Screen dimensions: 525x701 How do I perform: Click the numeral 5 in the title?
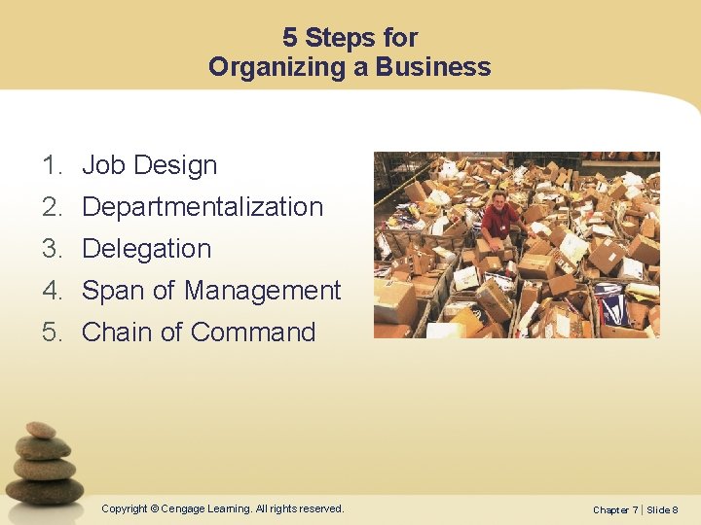pos(290,38)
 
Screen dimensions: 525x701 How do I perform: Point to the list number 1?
pos(52,165)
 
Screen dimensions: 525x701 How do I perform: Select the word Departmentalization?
pos(202,207)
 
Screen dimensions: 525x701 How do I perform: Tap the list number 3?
pos(52,249)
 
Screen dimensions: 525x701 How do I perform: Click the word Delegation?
pos(146,249)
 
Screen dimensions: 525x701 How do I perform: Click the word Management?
pos(262,291)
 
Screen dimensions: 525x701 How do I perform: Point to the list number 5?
pos(52,332)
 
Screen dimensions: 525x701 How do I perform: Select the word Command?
pos(252,332)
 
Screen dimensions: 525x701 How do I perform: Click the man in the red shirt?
pos(500,219)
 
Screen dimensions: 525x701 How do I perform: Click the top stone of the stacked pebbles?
pos(41,430)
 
